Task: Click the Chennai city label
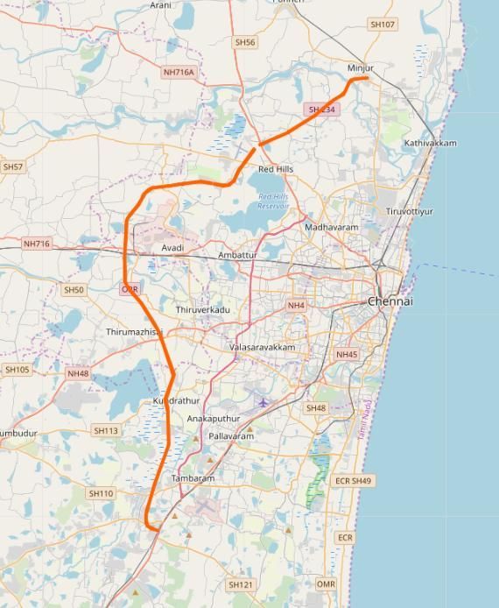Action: pyautogui.click(x=390, y=301)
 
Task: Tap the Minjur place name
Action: pyautogui.click(x=361, y=67)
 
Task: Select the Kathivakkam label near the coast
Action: pyautogui.click(x=430, y=143)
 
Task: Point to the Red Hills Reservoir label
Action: pyautogui.click(x=273, y=201)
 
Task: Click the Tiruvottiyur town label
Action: pyautogui.click(x=409, y=211)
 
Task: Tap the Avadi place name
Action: pyautogui.click(x=172, y=248)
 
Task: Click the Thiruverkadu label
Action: pyautogui.click(x=202, y=310)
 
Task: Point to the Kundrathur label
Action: pyautogui.click(x=177, y=400)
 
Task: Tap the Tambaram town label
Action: pyautogui.click(x=193, y=478)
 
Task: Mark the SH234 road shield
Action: pyautogui.click(x=321, y=110)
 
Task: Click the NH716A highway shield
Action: pyautogui.click(x=179, y=72)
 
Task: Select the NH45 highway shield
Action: pyautogui.click(x=347, y=355)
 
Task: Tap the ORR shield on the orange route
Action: pyautogui.click(x=130, y=288)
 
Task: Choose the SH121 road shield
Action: pyautogui.click(x=240, y=584)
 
